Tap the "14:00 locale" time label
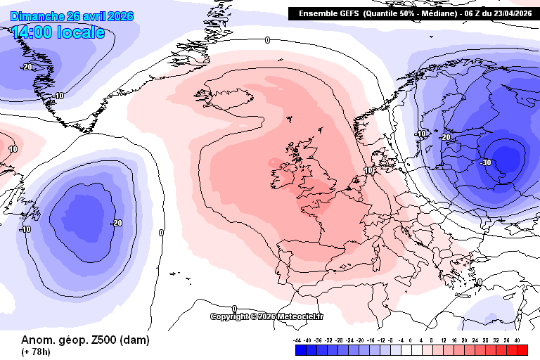[58, 32]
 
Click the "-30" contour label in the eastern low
[485, 162]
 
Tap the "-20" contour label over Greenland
[27, 67]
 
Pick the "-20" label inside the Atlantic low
[116, 223]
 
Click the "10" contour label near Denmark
[369, 170]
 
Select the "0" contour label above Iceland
[267, 41]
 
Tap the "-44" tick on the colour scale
[297, 340]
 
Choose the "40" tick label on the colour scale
[517, 340]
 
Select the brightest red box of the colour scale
[521, 349]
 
